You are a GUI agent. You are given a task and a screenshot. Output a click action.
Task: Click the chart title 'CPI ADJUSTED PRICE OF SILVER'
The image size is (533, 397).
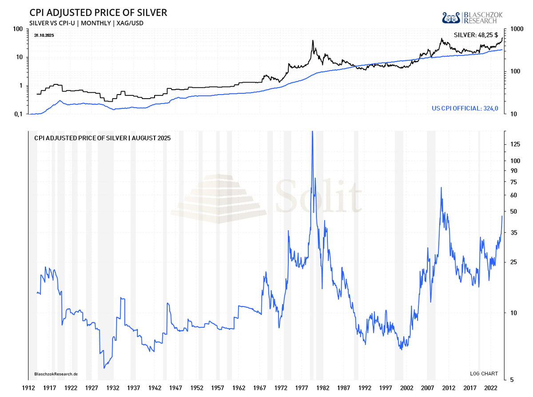click(x=99, y=12)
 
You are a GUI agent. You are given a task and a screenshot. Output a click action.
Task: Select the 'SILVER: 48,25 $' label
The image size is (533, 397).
click(x=476, y=35)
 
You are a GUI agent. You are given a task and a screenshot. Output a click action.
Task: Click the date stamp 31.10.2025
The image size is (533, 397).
click(x=44, y=35)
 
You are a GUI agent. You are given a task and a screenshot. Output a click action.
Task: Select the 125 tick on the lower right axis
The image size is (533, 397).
click(x=516, y=144)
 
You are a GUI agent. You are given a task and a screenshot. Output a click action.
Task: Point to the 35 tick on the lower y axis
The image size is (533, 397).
click(x=514, y=233)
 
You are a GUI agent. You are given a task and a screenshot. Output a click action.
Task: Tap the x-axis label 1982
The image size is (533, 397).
click(x=323, y=387)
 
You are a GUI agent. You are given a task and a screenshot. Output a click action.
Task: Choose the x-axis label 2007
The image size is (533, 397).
click(x=428, y=387)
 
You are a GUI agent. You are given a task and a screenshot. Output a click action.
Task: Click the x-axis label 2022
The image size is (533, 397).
click(x=491, y=387)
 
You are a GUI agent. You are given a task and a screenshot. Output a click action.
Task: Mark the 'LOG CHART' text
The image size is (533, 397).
click(x=484, y=373)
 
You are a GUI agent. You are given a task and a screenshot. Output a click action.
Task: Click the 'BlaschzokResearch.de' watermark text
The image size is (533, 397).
click(x=56, y=374)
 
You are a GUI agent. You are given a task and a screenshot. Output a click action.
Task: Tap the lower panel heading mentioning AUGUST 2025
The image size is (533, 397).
click(x=102, y=138)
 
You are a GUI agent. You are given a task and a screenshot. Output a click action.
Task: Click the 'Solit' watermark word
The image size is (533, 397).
click(x=318, y=196)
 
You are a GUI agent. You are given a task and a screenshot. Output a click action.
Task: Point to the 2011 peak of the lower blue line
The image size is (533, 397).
click(x=441, y=187)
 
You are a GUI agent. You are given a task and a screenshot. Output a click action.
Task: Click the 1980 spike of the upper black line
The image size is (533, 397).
click(x=313, y=41)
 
